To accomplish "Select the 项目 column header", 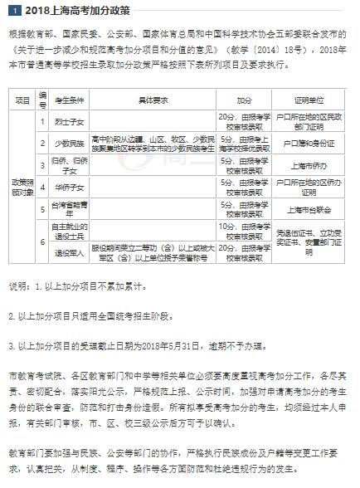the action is [x=22, y=100].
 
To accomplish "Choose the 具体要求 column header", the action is [x=152, y=100].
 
